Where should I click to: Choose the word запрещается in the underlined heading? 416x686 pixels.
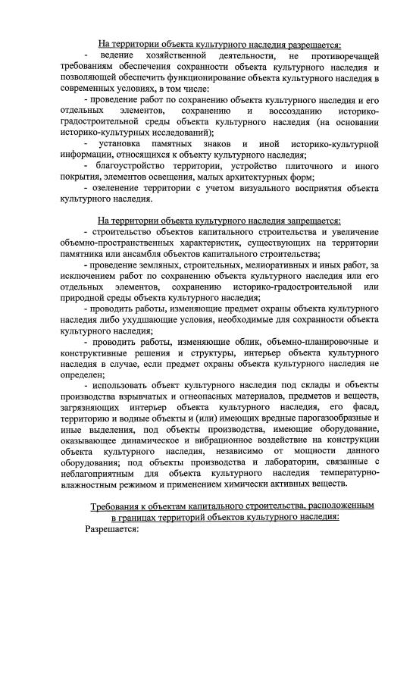click(x=302, y=221)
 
